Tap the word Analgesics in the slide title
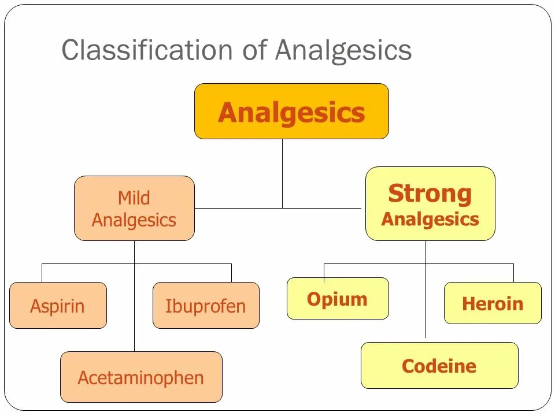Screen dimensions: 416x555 point(343,50)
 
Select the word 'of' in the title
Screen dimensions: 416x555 point(254,50)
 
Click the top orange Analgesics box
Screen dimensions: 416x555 point(291,112)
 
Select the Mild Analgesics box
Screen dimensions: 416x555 point(134,209)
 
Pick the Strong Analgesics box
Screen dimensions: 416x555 point(430,204)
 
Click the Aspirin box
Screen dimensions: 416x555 point(58,305)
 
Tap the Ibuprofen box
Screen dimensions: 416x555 point(206,305)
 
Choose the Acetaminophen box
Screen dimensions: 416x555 point(141,377)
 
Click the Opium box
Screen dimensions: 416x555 point(338,299)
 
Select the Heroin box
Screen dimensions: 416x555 point(493,303)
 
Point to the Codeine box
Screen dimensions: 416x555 point(439,366)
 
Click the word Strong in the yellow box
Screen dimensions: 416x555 point(430,194)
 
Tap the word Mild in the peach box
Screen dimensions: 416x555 point(134,198)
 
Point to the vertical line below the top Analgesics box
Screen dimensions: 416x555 point(282,173)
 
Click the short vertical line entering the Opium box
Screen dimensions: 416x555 point(324,271)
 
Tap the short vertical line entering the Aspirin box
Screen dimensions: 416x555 point(42,273)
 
